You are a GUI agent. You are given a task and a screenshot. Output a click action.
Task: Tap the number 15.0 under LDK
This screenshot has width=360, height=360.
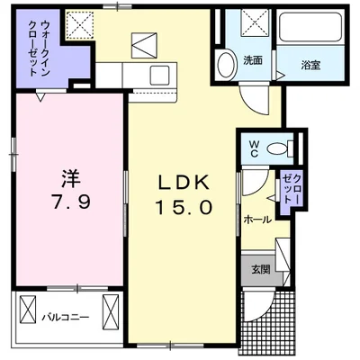click(x=185, y=206)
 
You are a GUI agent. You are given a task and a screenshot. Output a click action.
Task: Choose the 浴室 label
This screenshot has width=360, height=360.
click(x=311, y=64)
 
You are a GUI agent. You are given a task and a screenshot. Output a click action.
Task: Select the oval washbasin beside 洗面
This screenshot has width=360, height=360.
click(x=226, y=63)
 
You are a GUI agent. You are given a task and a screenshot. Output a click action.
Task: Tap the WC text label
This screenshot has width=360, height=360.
click(x=253, y=146)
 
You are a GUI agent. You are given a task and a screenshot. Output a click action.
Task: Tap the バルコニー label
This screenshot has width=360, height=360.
click(x=64, y=316)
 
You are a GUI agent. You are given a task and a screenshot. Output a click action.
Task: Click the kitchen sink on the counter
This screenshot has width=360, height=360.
click(x=163, y=74)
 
